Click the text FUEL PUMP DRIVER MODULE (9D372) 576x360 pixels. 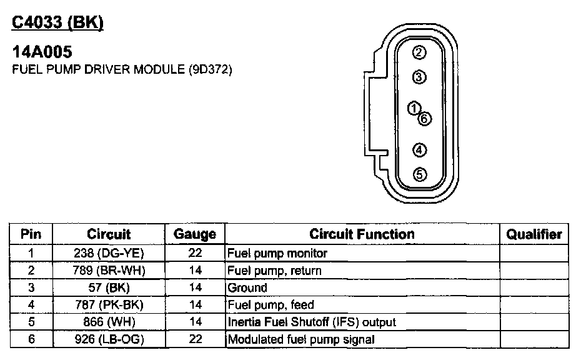pos(122,70)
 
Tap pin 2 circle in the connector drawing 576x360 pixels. pos(420,52)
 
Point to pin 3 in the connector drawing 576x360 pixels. pos(420,77)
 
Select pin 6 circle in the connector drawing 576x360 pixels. pos(425,118)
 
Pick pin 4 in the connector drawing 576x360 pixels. pos(420,150)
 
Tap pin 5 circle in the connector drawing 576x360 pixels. pos(420,175)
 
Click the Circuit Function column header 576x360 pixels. pos(362,234)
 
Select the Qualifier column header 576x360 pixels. pos(534,234)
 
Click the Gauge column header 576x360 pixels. pos(194,234)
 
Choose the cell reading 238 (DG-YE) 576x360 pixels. pos(109,254)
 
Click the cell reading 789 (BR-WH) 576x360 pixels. pos(109,271)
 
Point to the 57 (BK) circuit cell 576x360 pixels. pos(109,288)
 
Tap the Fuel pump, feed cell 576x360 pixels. pos(271,305)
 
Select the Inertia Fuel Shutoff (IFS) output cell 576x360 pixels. pos(312,322)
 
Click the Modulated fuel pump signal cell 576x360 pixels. pos(301,340)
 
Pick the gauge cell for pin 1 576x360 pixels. pos(194,254)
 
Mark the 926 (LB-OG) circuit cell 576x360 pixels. pos(109,340)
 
